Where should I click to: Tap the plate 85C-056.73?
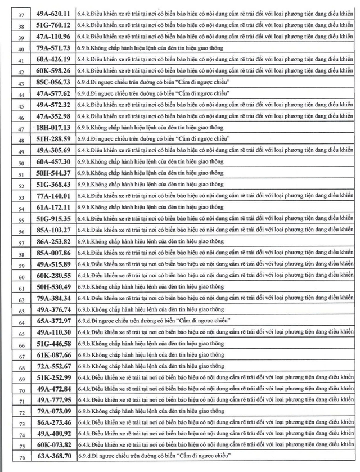coord(53,82)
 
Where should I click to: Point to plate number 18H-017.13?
coord(53,128)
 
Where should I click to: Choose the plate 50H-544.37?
coord(53,173)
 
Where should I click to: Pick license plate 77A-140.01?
coord(53,196)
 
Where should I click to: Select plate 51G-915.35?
coord(53,218)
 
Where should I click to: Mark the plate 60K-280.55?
coord(53,275)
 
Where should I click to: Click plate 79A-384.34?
coord(53,298)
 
